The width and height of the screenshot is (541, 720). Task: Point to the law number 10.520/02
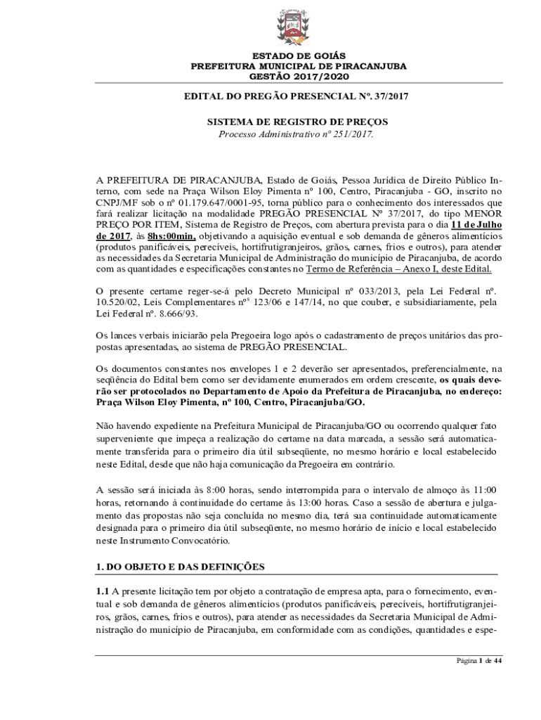click(119, 302)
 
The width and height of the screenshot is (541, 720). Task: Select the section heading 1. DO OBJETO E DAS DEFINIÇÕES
click(180, 566)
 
